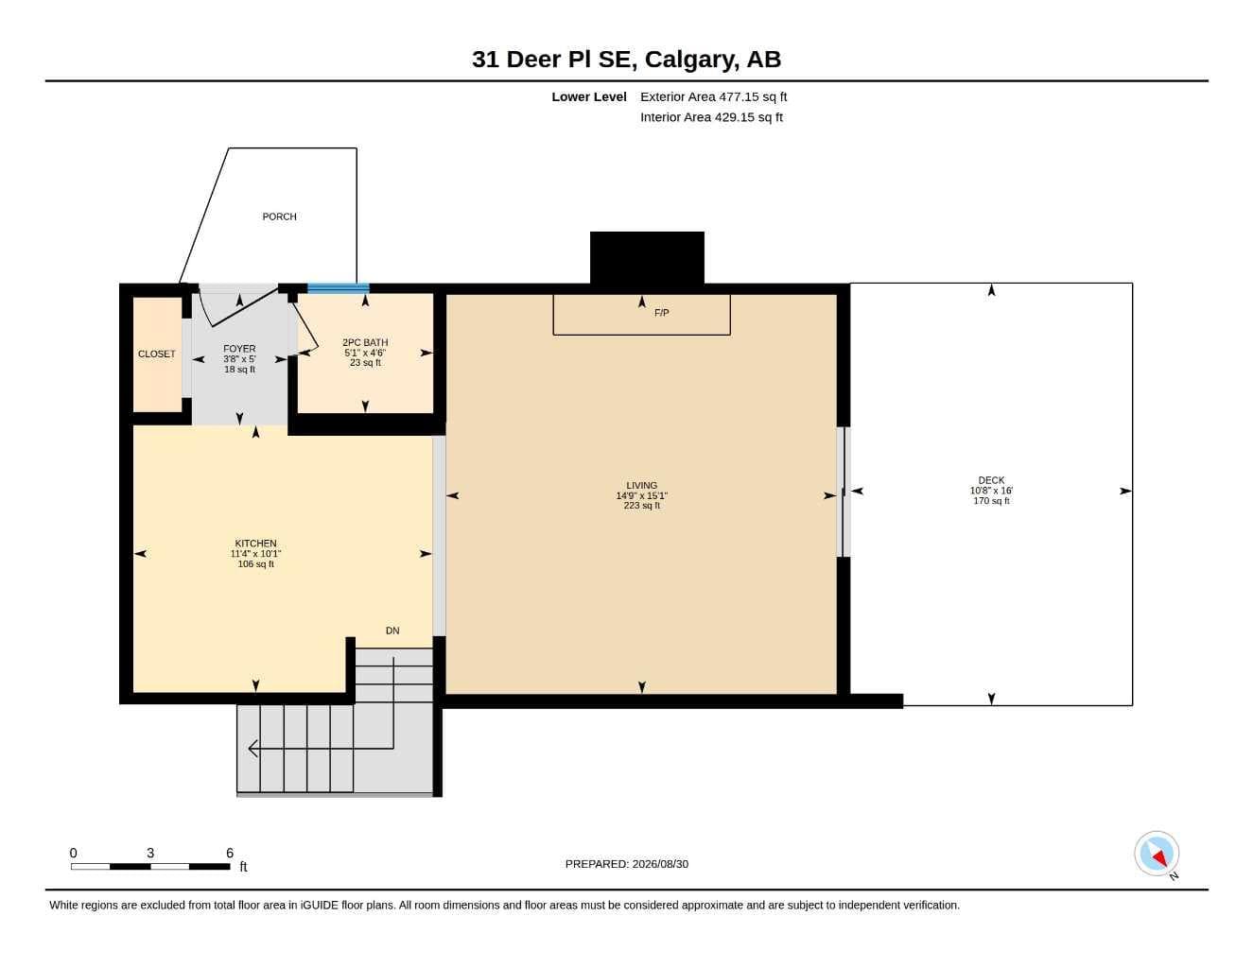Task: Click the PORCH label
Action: point(279,216)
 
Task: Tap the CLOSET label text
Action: point(156,354)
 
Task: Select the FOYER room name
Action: point(239,349)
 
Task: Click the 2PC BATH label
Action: point(365,342)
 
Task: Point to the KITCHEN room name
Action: point(255,544)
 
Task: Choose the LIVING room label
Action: point(642,486)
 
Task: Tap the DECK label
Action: point(991,480)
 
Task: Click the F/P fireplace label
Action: point(661,313)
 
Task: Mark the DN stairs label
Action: point(392,631)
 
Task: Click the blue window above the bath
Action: point(338,288)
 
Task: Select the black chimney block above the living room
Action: point(647,257)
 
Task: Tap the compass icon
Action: point(1157,854)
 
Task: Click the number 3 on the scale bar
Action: point(150,853)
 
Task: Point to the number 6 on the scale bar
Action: point(230,853)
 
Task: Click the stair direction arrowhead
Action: point(253,749)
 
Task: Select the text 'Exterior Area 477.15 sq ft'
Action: point(713,96)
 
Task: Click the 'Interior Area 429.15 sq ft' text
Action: point(711,117)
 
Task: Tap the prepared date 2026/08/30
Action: point(660,864)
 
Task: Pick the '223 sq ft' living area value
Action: point(642,506)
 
